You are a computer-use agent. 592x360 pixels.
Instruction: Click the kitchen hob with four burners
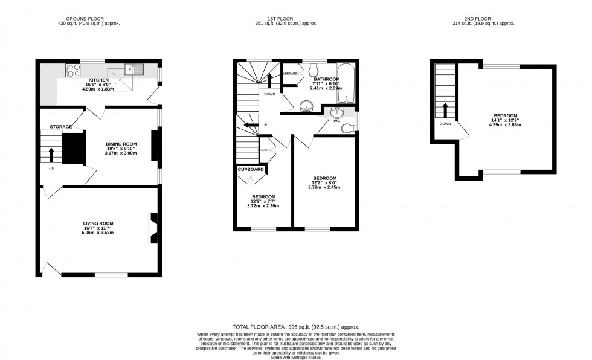click(73, 70)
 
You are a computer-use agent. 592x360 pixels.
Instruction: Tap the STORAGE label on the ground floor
click(61, 127)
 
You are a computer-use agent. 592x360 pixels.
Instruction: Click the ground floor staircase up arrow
click(51, 155)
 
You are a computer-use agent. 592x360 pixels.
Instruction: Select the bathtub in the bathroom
click(346, 84)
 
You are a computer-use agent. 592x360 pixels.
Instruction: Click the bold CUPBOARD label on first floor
click(251, 170)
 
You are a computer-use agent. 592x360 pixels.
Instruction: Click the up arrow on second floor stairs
click(445, 111)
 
